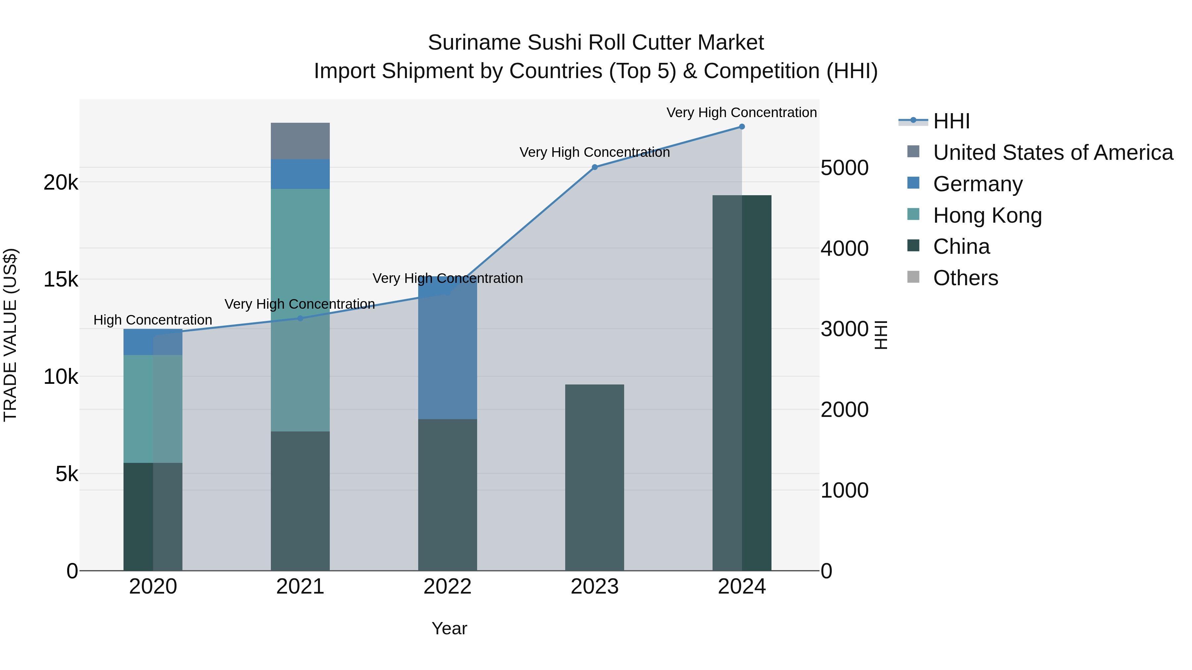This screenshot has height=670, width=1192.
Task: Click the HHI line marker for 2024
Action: point(742,127)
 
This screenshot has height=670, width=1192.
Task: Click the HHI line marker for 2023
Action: point(595,167)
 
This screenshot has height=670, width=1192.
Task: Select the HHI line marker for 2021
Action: point(300,318)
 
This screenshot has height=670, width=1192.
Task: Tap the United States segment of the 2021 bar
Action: point(300,141)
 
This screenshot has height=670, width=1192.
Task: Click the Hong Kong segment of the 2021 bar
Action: point(300,310)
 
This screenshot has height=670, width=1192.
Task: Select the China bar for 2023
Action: point(595,477)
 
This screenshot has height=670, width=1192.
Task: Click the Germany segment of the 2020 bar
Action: point(153,342)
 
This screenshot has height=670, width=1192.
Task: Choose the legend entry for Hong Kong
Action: point(987,215)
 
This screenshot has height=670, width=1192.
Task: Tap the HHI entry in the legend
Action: point(951,121)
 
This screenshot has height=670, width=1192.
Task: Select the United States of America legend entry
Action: point(1053,153)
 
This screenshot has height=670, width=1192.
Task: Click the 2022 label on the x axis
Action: point(447,587)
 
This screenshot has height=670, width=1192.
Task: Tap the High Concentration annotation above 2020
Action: point(153,320)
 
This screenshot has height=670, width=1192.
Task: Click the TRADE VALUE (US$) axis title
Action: point(10,335)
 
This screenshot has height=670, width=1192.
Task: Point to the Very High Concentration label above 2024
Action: point(741,112)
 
